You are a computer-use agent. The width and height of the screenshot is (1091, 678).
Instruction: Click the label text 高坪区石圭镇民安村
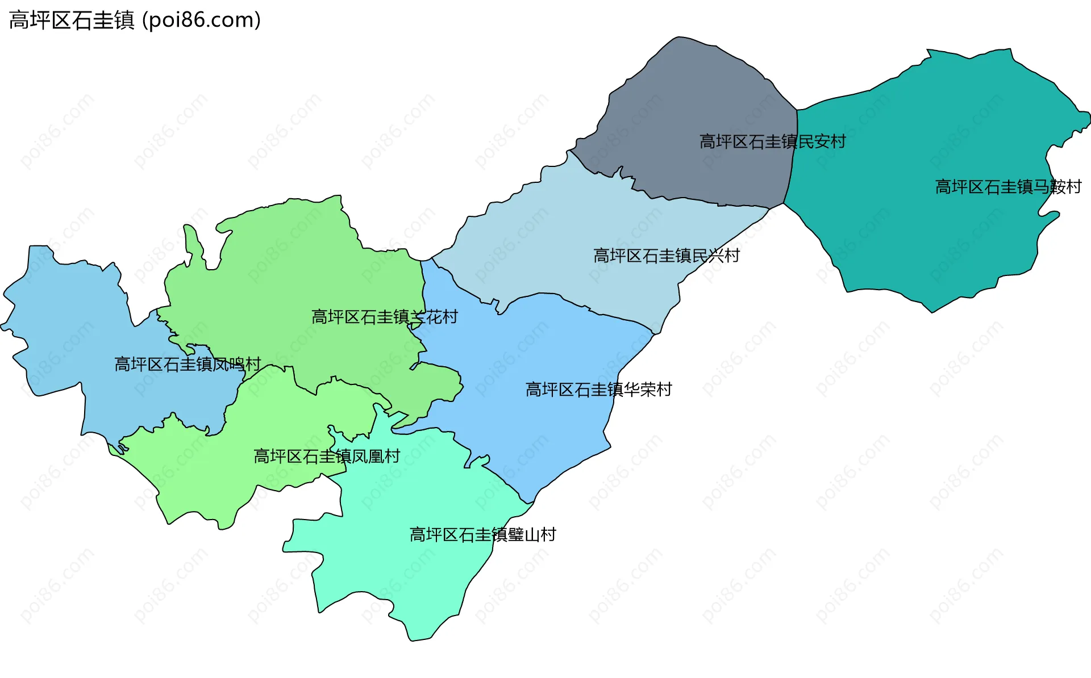coord(772,141)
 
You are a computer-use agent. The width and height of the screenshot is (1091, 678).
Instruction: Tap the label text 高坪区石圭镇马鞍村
coord(1008,187)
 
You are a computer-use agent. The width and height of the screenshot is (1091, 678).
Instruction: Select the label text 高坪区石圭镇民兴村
coord(666,256)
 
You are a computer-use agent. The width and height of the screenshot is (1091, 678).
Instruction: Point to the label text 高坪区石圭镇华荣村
coord(598,390)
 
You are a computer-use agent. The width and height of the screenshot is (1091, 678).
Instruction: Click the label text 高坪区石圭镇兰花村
coord(384,317)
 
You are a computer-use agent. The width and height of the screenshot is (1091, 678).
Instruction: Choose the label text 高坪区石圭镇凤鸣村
coord(188,364)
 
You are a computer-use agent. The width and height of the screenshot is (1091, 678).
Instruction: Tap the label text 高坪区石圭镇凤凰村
coord(327,456)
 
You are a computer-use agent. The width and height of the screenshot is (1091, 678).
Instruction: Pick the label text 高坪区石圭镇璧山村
coord(482,534)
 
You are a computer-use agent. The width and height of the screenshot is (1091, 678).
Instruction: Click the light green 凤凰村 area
coord(216,477)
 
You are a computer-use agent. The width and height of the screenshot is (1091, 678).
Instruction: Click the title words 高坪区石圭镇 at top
coord(72,20)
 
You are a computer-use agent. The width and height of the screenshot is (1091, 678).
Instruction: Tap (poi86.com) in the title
coord(202,20)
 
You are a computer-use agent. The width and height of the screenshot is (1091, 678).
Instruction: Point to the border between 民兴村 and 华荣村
coord(591,310)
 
